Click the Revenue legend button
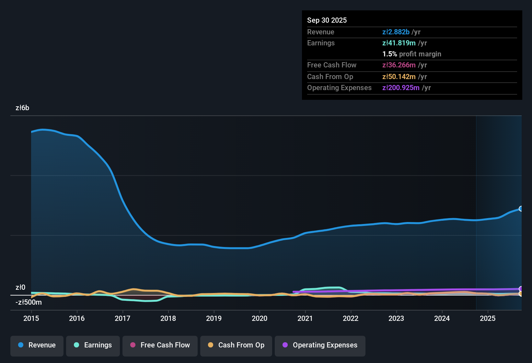(x=37, y=345)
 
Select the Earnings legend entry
(x=93, y=345)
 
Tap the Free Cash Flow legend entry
(x=160, y=345)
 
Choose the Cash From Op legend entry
(x=236, y=345)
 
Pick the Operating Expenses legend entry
(x=320, y=345)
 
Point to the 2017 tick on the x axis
(x=122, y=318)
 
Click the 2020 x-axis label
(x=260, y=318)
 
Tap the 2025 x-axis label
(x=488, y=318)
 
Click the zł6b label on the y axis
(x=22, y=108)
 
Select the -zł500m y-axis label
(x=29, y=302)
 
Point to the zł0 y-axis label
(x=20, y=287)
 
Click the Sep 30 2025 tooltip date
(x=327, y=20)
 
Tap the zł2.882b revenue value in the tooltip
(x=396, y=32)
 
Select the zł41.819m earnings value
(x=399, y=43)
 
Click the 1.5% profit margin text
(x=412, y=54)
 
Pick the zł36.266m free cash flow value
(x=399, y=65)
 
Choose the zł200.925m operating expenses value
(x=401, y=88)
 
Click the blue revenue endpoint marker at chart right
(x=521, y=209)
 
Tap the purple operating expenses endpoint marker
(x=521, y=289)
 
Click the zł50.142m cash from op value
(x=399, y=77)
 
